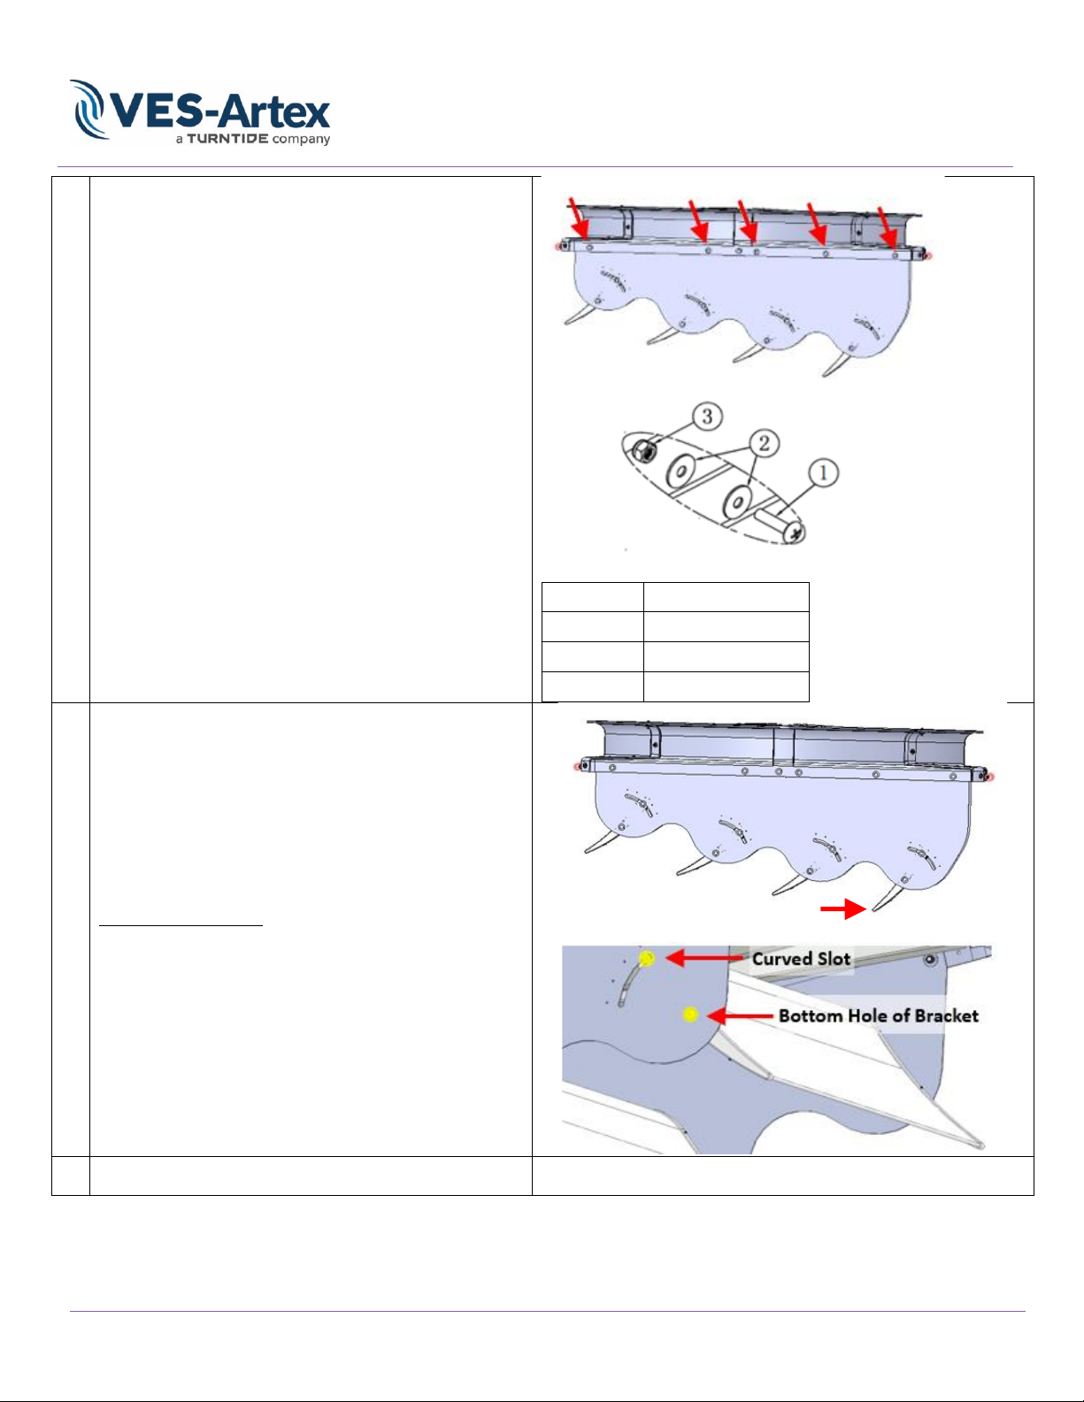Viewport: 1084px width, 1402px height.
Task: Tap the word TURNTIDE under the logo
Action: click(227, 139)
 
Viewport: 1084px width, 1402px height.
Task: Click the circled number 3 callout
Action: click(707, 417)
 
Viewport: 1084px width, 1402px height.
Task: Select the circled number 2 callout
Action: click(765, 443)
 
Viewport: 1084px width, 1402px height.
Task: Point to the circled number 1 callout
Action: click(823, 473)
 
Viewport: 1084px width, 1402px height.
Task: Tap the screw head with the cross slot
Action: click(794, 532)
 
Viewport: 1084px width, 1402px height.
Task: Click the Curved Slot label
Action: click(802, 960)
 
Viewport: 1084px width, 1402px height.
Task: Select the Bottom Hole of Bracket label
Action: click(878, 1016)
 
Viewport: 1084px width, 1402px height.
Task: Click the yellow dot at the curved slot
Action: click(647, 958)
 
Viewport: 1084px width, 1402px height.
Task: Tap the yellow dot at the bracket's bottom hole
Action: click(690, 1015)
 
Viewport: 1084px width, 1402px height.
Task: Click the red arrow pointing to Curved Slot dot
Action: click(706, 958)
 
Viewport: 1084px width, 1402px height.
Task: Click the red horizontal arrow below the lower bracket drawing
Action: click(843, 909)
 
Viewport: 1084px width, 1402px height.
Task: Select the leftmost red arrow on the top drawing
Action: click(579, 218)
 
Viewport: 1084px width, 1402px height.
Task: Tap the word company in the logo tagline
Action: click(301, 140)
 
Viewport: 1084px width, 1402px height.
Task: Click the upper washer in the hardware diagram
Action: click(680, 470)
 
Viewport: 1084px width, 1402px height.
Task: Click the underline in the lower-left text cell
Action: click(181, 925)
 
